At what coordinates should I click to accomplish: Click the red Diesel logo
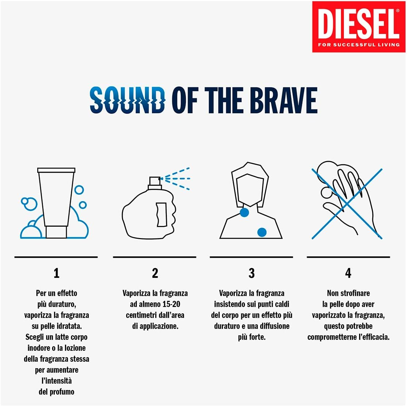click(359, 26)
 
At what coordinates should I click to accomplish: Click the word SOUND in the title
click(127, 99)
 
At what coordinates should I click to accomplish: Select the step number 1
click(56, 273)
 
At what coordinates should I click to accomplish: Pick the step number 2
click(155, 273)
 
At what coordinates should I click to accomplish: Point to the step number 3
click(252, 273)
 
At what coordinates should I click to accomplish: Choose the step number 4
click(348, 273)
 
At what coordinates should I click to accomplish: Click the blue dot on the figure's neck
click(244, 212)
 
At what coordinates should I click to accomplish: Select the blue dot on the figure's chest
click(262, 231)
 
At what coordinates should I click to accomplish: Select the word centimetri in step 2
click(142, 315)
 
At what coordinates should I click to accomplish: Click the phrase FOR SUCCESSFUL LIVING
click(359, 45)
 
